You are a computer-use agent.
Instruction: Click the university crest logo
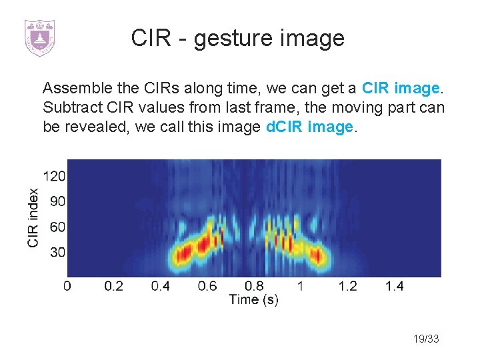tap(39, 38)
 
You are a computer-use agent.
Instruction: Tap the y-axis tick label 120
tap(54, 177)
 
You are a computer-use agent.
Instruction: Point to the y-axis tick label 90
tap(57, 201)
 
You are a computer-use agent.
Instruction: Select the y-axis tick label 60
tap(57, 227)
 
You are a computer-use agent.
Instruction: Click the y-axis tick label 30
tap(57, 252)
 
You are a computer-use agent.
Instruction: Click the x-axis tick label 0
tap(67, 286)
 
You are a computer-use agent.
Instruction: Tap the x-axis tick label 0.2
tap(114, 286)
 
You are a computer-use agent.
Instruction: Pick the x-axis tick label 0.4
tap(161, 286)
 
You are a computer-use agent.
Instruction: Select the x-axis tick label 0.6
tap(207, 286)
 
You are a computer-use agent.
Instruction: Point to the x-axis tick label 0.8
tap(254, 286)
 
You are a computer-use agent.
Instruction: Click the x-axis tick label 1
tap(301, 286)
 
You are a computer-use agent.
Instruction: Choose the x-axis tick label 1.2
tap(347, 286)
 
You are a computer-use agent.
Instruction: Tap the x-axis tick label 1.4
tap(394, 286)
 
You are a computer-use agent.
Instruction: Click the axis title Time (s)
tap(253, 299)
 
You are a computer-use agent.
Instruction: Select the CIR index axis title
tap(33, 218)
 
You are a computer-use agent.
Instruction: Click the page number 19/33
tap(425, 339)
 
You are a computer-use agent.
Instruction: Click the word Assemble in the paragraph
tap(71, 88)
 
